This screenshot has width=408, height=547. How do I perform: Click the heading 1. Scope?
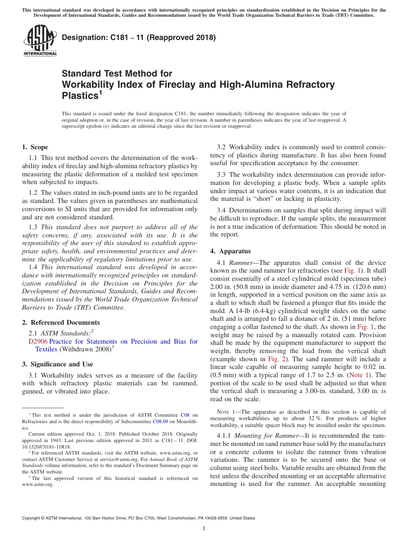point(35,147)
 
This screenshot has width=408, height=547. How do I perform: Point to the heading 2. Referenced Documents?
point(61,323)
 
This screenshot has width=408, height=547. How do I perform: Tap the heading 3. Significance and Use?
point(58,364)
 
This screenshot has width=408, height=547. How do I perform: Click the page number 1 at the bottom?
point(204,529)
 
